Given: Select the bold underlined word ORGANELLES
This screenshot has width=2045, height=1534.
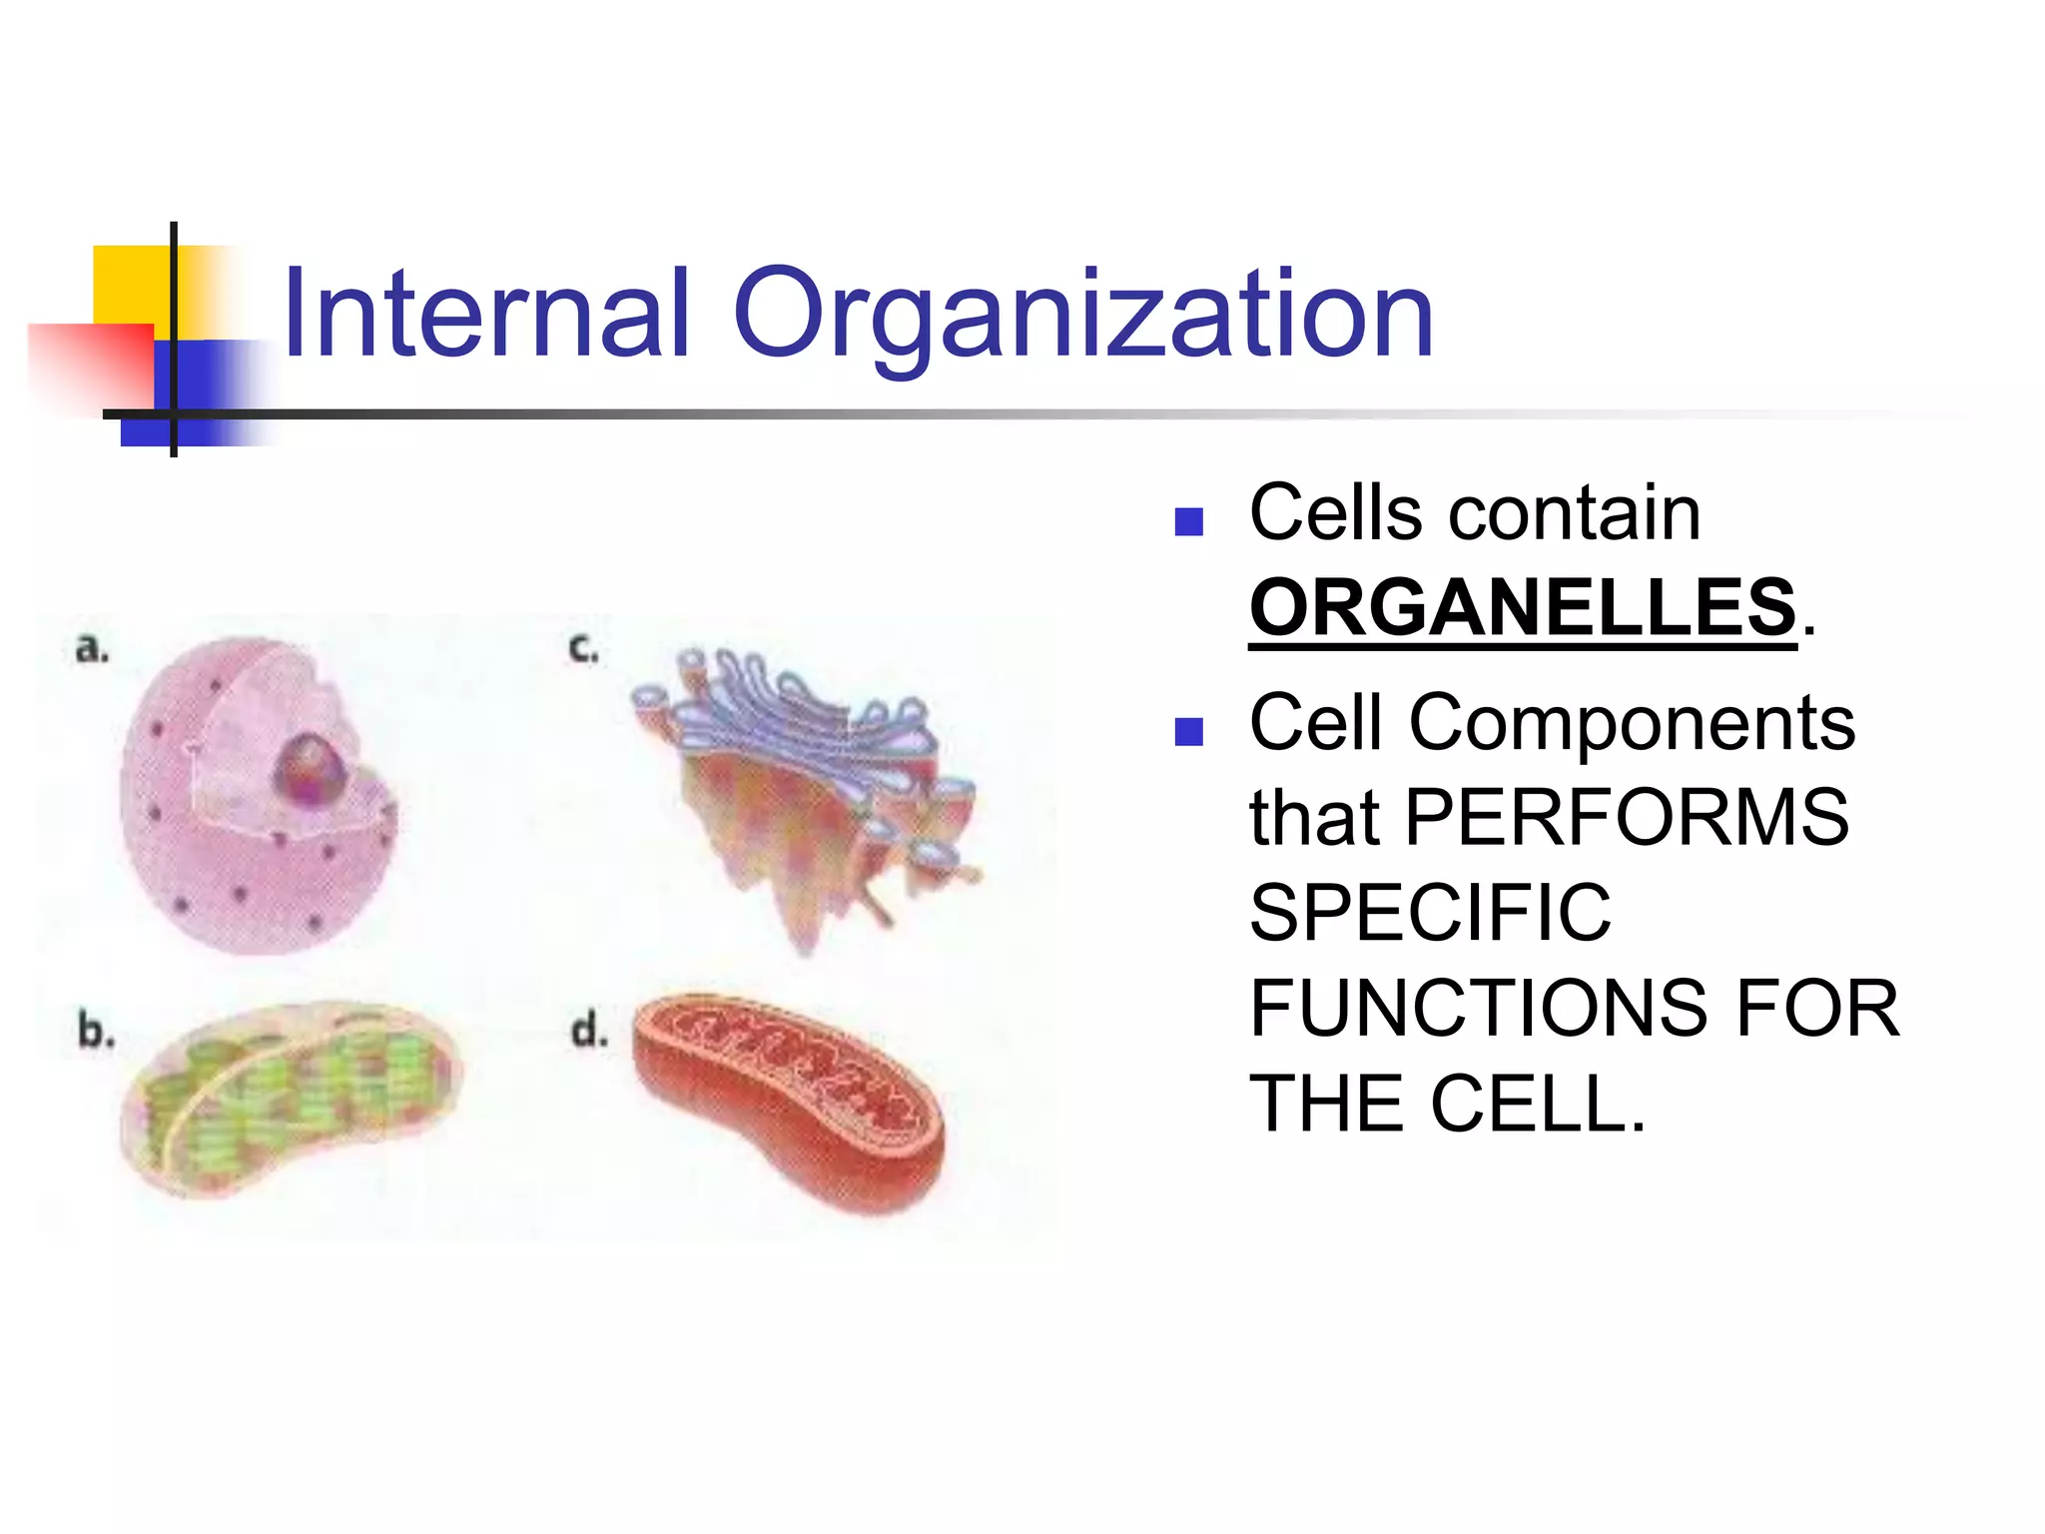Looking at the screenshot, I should [x=1522, y=607].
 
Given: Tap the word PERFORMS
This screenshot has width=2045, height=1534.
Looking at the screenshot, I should [x=1627, y=817].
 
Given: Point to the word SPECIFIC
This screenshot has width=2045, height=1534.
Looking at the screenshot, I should [x=1430, y=912].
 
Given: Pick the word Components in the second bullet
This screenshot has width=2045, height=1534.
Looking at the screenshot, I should [x=1632, y=722].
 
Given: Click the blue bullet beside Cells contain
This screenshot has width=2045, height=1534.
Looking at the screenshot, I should [x=1188, y=522].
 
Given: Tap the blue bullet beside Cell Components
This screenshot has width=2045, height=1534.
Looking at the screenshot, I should [x=1188, y=732].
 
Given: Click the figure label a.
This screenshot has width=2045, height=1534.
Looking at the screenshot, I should [x=92, y=649].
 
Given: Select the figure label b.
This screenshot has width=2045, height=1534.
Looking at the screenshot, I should [x=95, y=1030].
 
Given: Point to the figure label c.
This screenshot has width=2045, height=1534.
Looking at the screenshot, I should [x=582, y=649].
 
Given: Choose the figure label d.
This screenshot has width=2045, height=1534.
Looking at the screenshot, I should [x=588, y=1030].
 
